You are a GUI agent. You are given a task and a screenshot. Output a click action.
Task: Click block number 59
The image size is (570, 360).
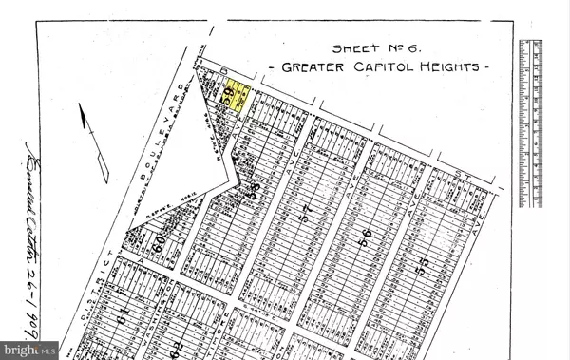pos(228,98)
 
